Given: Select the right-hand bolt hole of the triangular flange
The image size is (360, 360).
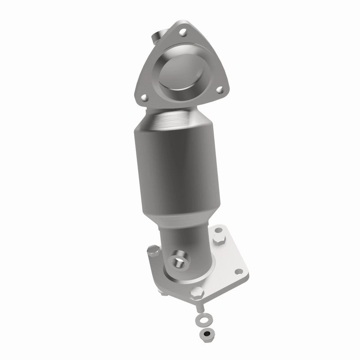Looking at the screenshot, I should [x=220, y=90].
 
